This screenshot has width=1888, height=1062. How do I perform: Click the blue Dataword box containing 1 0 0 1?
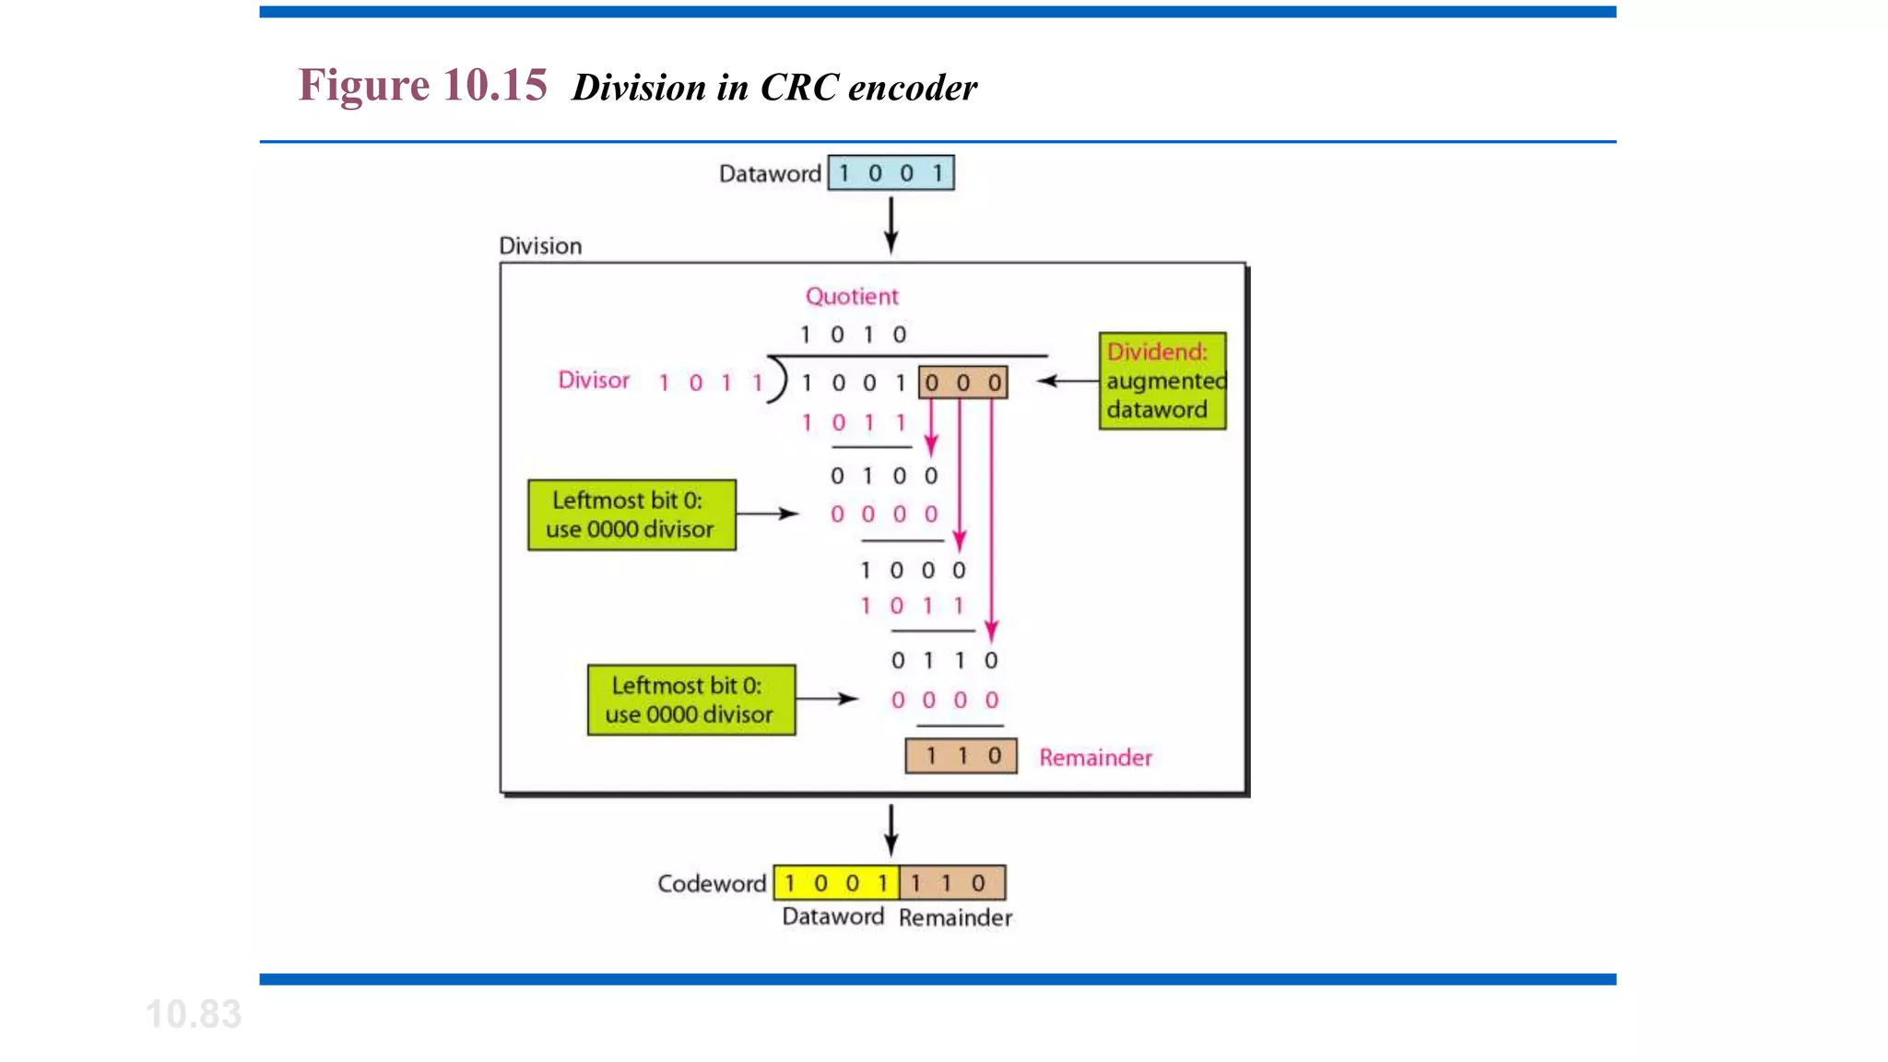pos(891,173)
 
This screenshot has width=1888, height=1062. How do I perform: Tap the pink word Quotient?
pos(851,297)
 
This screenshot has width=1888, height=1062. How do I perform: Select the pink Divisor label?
pos(594,381)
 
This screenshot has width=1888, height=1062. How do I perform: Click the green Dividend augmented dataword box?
pos(1162,381)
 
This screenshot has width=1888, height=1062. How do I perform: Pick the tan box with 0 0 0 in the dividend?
pos(962,383)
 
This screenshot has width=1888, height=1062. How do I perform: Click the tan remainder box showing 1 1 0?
pos(961,756)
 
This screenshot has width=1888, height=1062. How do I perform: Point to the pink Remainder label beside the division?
pos(1095,758)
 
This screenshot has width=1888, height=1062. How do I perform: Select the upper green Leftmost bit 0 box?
pos(631,514)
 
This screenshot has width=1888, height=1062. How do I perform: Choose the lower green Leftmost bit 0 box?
pos(691,700)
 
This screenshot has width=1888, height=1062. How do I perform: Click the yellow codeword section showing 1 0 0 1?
pos(836,883)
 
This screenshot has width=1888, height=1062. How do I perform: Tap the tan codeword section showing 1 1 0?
pos(951,883)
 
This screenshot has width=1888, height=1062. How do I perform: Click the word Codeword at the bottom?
pos(711,884)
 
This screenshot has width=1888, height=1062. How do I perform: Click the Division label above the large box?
pos(540,246)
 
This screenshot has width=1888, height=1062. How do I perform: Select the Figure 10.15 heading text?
pos(423,86)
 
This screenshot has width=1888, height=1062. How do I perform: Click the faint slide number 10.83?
pos(194,1014)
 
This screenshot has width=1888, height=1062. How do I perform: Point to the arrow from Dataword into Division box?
pos(891,225)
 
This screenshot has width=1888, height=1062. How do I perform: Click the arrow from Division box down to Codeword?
pos(891,830)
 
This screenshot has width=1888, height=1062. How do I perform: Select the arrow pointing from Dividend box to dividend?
pos(1068,381)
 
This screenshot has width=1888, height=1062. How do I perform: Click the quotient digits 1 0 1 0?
pos(853,335)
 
